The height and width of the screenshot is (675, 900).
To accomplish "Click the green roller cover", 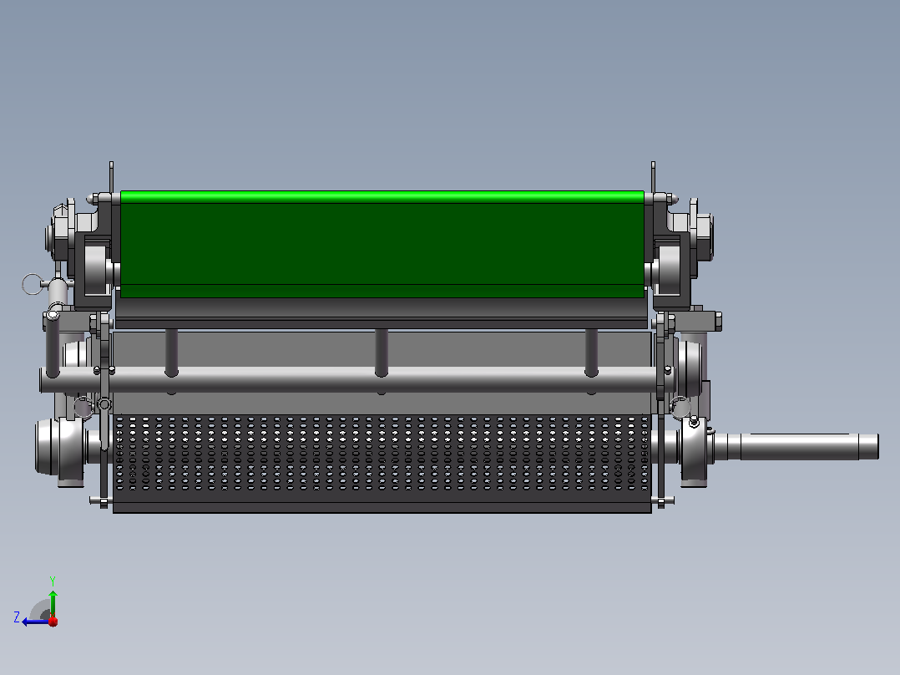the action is pos(382,244).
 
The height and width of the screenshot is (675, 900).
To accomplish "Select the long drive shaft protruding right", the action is pos(798,446).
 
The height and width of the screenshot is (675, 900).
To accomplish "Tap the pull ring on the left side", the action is pos(32,284).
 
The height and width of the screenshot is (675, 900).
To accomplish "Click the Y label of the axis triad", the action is pos(53,581).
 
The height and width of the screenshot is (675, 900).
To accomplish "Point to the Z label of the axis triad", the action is pos(17,617).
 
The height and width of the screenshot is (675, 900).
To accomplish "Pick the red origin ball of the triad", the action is pos(53,621).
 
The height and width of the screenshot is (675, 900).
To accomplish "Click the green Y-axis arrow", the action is pos(53,603).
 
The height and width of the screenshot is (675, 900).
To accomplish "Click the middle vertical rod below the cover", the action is pos(381,353).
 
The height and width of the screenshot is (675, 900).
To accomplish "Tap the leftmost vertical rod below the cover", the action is pos(171,353).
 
